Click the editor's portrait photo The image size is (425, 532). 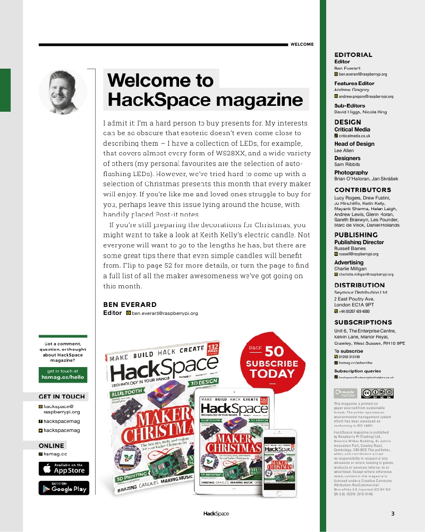point(63,92)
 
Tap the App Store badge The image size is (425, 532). point(64,469)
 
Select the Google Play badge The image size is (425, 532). point(64,488)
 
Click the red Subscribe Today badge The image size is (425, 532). point(271,362)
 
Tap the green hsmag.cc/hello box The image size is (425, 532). point(63,374)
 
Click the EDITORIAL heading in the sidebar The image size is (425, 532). point(353,55)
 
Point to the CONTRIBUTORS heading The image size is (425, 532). point(362,190)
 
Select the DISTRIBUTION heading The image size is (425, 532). point(359,285)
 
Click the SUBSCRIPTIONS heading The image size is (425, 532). point(363,322)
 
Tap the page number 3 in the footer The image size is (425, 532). point(393,513)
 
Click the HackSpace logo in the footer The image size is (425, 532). point(216,513)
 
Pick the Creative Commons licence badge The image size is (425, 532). point(377,393)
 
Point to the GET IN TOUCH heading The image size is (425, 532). point(62,396)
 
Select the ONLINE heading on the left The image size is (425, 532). point(52,446)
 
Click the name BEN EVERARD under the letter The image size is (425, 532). point(130,305)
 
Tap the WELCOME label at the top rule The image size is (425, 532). point(302,45)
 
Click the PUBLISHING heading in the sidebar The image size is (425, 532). point(356,235)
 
